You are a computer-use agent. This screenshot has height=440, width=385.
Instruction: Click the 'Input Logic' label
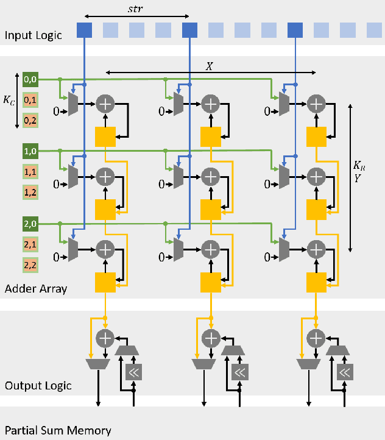(x=34, y=35)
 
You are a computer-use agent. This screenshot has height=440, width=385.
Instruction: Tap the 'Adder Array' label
(x=35, y=288)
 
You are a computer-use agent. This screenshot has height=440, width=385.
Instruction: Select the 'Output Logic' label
(x=38, y=386)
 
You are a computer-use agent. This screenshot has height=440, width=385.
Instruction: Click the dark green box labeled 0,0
(x=30, y=79)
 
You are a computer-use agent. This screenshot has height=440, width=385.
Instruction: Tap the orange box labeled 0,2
(x=30, y=121)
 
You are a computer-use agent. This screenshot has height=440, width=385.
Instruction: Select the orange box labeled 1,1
(x=30, y=173)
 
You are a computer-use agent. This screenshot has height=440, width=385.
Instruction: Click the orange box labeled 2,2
(x=30, y=266)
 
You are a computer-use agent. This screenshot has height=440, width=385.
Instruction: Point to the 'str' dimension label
(x=137, y=9)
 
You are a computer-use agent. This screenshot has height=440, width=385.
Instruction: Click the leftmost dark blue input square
(x=85, y=29)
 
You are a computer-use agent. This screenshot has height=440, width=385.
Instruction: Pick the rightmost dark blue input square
(x=295, y=29)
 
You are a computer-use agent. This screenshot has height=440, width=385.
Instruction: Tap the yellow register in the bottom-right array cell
(x=316, y=282)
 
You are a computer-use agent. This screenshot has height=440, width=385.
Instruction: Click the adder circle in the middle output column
(x=211, y=338)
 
